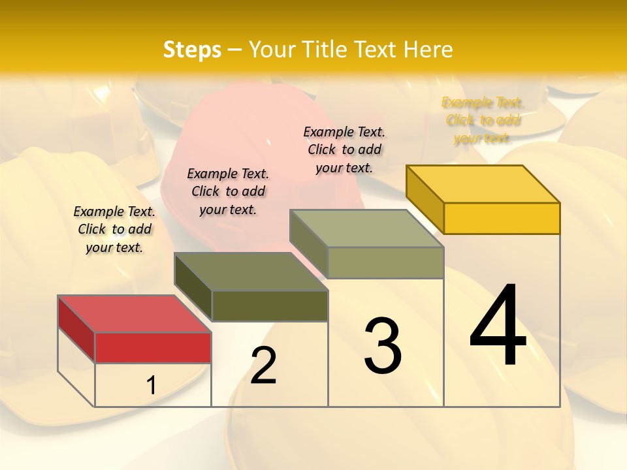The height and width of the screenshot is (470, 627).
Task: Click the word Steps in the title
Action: [x=191, y=50]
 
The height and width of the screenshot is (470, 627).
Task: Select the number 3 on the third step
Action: [x=382, y=346]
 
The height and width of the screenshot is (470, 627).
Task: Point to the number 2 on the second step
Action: [x=263, y=366]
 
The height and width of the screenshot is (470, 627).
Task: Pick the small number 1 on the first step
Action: [x=152, y=386]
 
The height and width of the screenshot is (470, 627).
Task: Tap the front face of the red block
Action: [x=153, y=347]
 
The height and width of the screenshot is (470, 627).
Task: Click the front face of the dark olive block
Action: [x=269, y=305]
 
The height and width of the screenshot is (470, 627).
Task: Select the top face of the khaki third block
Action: [x=366, y=228]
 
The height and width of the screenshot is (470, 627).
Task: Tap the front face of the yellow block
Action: [x=502, y=218]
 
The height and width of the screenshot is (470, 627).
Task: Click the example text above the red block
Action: [x=114, y=229]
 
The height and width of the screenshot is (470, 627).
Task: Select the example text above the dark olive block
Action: [x=228, y=191]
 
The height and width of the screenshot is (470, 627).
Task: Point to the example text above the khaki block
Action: [x=344, y=149]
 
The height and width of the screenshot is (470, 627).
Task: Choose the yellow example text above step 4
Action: [x=483, y=120]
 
